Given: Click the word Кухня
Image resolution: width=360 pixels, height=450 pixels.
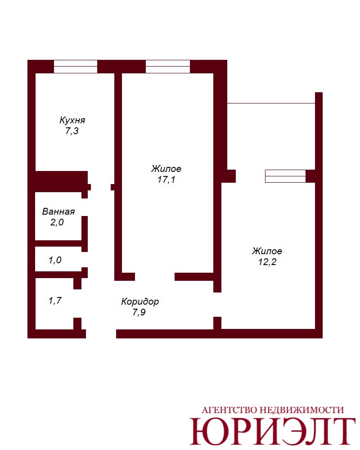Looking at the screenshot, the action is point(72,120).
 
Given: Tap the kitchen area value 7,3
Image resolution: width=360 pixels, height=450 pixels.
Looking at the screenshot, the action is point(72,131).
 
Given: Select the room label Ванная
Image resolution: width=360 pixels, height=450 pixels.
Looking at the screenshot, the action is point(58,211).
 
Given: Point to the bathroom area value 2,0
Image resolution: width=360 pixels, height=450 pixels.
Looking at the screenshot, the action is point(57,222).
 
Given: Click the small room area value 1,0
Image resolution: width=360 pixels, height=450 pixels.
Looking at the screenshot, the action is point(55,260).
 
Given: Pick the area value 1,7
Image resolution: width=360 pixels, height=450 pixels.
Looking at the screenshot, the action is point(55,301).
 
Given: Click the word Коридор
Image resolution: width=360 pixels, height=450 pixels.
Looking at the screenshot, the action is point(140,301).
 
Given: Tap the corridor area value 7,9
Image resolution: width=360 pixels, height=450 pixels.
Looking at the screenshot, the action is point(139,312).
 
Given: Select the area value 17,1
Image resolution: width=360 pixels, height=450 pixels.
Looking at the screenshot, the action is point(166,180).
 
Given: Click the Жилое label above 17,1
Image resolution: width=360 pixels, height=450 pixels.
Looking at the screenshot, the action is point(166,168).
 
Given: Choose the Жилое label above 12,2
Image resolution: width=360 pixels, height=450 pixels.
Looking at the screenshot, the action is point(267,251).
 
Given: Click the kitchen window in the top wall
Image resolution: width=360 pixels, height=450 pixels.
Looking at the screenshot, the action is point(76,67).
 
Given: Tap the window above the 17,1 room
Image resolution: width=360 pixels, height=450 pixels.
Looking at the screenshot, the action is point(168,67).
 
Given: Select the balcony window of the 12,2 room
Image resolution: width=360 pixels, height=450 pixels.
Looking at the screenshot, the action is point(285,176).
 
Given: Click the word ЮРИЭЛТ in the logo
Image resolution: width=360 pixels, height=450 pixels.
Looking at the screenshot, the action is point(272,432).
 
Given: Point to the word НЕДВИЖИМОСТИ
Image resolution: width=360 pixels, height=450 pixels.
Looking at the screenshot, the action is point(301,410).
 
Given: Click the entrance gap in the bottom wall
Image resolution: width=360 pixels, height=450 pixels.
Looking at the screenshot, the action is point(101,334).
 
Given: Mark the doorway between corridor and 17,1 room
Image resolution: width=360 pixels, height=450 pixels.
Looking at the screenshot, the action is point(155,277).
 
